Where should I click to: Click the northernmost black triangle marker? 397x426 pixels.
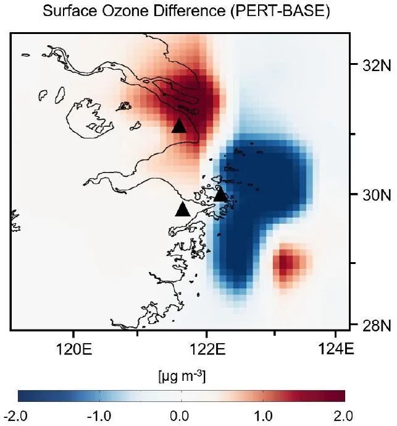tap(180, 126)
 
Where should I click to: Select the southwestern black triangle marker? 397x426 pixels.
tap(182, 209)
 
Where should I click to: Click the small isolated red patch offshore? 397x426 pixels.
tap(285, 265)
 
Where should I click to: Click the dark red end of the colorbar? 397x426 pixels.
tap(340, 396)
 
